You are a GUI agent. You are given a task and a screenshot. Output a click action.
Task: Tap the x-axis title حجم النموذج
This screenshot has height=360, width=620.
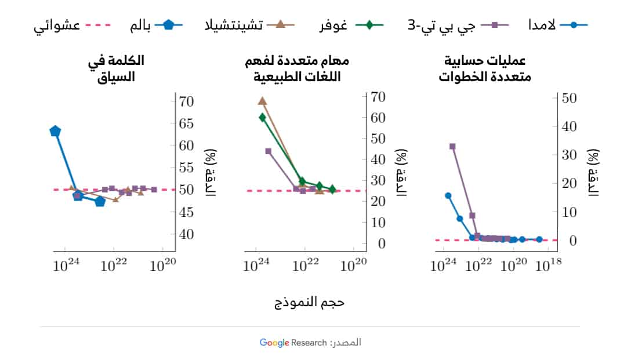tap(310, 303)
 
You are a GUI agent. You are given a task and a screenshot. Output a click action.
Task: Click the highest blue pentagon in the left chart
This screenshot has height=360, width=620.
tap(56, 132)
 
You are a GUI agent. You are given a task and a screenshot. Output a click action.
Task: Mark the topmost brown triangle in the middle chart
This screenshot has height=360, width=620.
tap(262, 101)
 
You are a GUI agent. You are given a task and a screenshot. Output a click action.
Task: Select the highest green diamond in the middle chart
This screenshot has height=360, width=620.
tap(262, 117)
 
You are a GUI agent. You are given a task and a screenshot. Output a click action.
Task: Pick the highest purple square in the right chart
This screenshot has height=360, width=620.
tap(452, 146)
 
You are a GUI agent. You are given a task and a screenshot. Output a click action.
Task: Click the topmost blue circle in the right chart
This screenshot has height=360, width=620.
tap(448, 195)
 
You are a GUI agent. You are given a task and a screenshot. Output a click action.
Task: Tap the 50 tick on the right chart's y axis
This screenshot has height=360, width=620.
tap(568, 98)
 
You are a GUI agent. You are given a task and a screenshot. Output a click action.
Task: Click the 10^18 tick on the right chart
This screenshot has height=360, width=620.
tap(548, 266)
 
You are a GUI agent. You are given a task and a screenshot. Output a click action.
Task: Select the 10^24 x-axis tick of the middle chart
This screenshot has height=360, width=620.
tap(256, 266)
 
